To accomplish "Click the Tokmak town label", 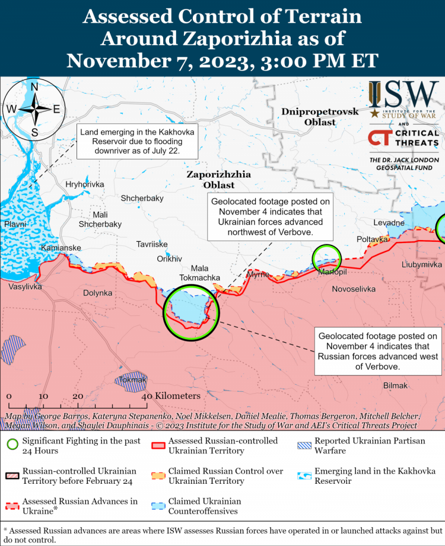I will (132, 379).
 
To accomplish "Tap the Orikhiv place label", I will (169, 258).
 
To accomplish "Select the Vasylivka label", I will (25, 286).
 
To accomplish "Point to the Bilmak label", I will (396, 385).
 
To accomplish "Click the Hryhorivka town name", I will (85, 184).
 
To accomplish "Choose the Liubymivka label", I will (421, 264).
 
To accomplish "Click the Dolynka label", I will (97, 293).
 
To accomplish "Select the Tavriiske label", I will (152, 244).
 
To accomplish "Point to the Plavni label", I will (15, 224).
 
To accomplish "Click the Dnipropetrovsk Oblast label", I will (320, 117).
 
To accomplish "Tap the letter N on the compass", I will (34, 87).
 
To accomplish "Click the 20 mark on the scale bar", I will (78, 396).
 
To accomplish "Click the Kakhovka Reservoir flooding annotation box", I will (137, 142).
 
